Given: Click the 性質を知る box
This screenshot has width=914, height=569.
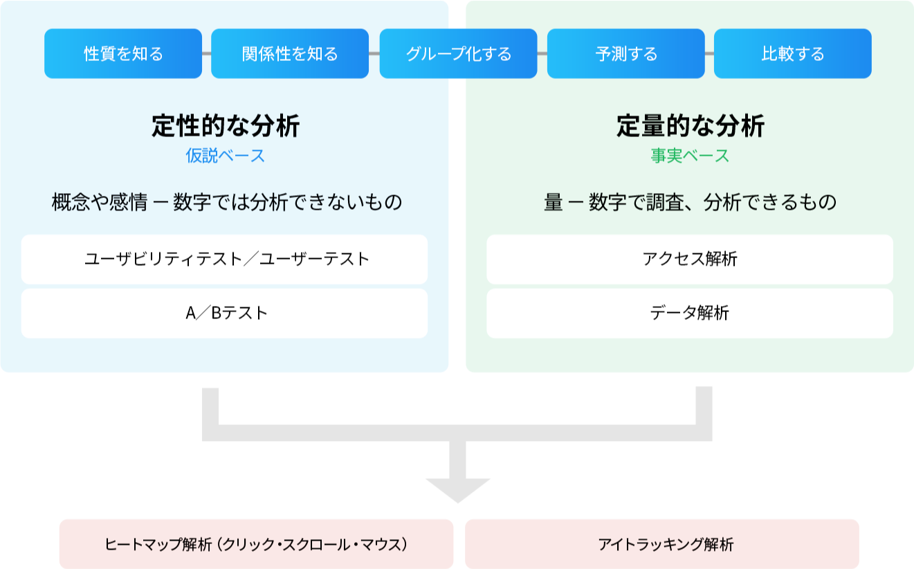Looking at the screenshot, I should pos(123,53).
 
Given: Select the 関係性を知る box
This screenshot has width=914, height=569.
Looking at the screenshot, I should pos(290,53).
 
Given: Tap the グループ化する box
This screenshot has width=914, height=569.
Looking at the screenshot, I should pos(458,53).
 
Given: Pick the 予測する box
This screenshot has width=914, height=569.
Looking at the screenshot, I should pos(625,53).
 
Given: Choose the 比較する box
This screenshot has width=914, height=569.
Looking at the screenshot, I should pos(792,53).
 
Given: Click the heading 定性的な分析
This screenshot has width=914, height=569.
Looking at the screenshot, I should pos(226,127).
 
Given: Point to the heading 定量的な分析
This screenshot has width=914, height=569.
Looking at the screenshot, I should pos(691,127).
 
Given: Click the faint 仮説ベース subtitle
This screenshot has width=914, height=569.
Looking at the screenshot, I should pos(226,156).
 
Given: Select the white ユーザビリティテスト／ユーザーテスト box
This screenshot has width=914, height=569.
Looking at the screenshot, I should pos(224,259).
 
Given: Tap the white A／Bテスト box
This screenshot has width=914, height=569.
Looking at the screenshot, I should pos(224,313).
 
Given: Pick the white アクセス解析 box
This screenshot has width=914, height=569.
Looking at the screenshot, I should pos(689,259).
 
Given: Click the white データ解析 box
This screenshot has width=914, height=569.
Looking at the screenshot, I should pos(689,313).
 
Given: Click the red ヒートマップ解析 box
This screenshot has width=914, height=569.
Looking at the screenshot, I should pos(256,544).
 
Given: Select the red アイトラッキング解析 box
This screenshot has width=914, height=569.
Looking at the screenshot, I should pos(661,544).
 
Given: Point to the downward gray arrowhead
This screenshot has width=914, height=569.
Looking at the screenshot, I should pos(457,489).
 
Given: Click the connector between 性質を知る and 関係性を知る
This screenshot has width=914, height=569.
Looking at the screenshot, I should pos(206,53).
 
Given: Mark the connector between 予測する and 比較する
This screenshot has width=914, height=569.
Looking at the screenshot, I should pos(709,53).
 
